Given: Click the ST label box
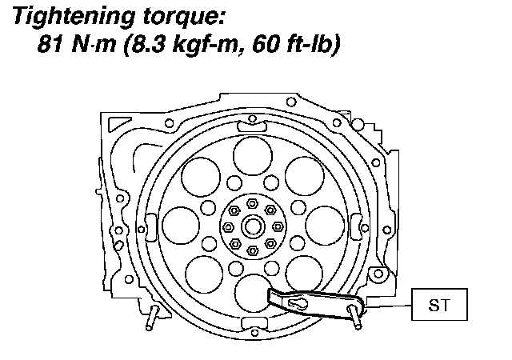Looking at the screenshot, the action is [x=439, y=304].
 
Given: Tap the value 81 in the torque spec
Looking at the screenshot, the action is [x=50, y=43].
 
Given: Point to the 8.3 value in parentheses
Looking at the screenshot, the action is [x=148, y=43].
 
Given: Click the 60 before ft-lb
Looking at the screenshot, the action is [x=265, y=43].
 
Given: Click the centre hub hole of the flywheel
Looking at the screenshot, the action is [x=253, y=226].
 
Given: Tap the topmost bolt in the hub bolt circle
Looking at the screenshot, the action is [x=252, y=204].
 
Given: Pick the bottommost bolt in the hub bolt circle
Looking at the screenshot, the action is [x=253, y=250].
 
